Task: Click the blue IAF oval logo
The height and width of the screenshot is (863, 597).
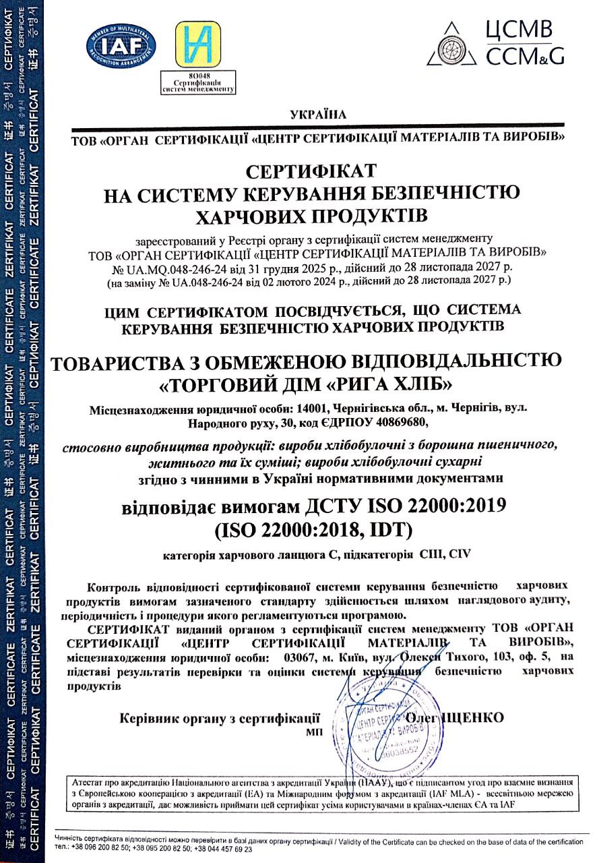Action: (121, 45)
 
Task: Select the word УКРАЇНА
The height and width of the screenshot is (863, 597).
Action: (318, 115)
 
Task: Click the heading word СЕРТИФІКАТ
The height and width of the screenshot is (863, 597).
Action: (311, 169)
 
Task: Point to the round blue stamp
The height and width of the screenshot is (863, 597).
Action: (382, 722)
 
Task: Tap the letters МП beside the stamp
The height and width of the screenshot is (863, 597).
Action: (313, 731)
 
